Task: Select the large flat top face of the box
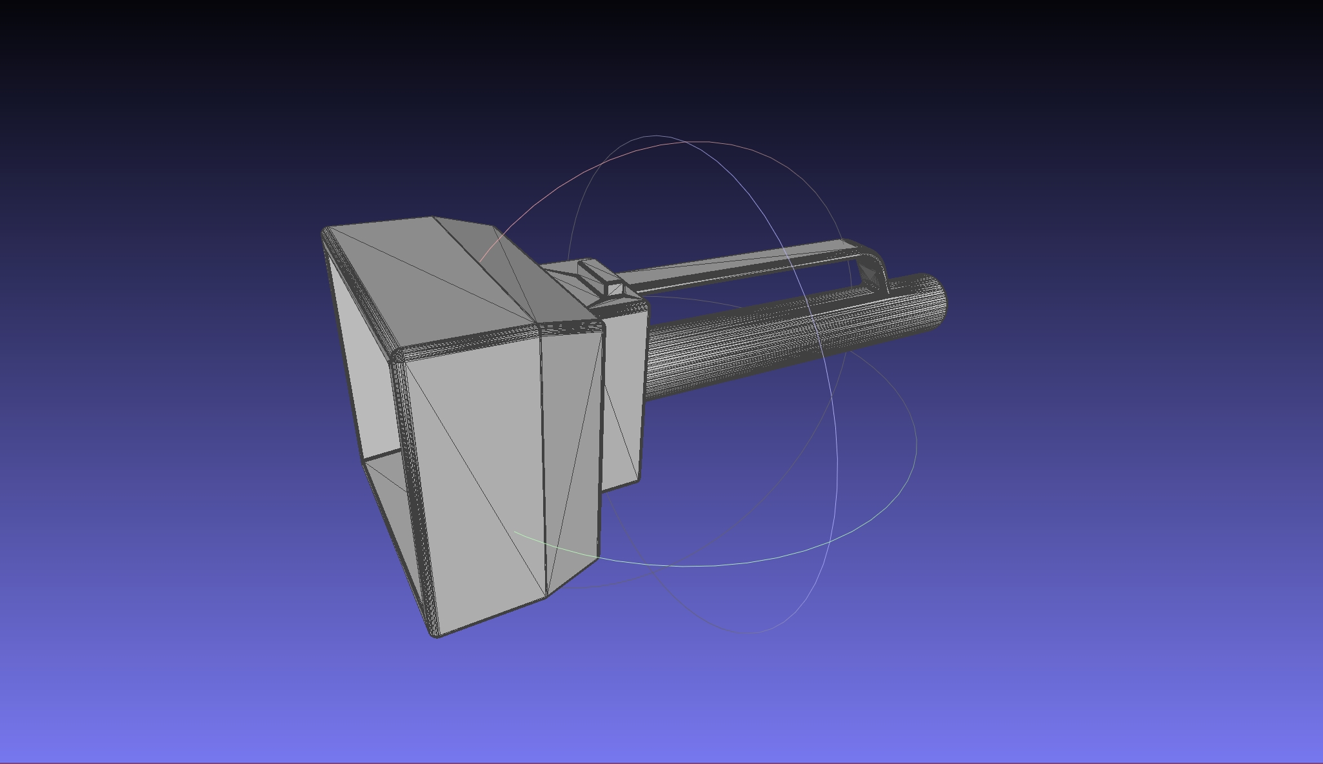click(x=426, y=277)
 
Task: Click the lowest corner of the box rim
click(x=434, y=633)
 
